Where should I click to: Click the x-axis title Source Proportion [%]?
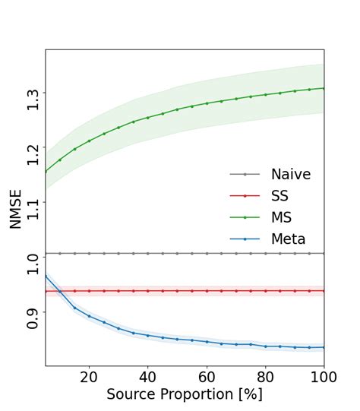[x=185, y=394]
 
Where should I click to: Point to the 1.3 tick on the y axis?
[x=33, y=100]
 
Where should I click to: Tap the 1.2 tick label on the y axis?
[x=33, y=153]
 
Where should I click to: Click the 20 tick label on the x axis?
[x=89, y=377]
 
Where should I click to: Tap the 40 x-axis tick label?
[x=148, y=377]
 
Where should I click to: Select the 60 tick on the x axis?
[x=207, y=377]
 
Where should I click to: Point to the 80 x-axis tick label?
[x=266, y=377]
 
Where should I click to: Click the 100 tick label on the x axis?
[x=322, y=377]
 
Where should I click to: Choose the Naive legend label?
[x=291, y=175]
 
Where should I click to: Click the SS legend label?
[x=281, y=196]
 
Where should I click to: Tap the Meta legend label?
[x=289, y=239]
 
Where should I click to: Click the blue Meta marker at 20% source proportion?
[x=89, y=316]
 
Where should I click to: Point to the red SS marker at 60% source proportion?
[x=207, y=291]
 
